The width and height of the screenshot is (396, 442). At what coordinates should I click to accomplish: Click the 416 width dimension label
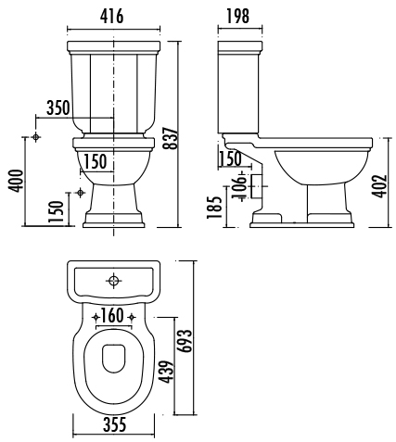point(111,16)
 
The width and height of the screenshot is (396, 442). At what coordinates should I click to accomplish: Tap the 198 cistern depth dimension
point(237,16)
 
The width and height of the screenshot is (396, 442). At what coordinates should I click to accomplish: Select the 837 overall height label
point(172,138)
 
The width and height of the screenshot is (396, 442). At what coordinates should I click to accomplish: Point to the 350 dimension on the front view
point(57,107)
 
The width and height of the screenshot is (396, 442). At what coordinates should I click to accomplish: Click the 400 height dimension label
point(16,181)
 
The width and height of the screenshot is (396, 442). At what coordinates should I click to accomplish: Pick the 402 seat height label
point(379,186)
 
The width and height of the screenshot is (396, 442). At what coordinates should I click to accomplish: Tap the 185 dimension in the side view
point(214,208)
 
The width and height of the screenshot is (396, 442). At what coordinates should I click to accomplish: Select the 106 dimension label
point(238,187)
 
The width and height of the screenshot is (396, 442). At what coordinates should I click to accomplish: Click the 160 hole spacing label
point(112,316)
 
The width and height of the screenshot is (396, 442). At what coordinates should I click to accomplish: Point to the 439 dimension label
point(167,372)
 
